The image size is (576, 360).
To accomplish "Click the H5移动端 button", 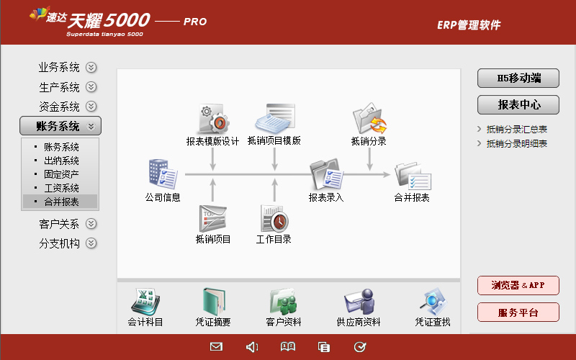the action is click(x=518, y=78).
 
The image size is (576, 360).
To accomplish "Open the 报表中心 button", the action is click(x=518, y=105).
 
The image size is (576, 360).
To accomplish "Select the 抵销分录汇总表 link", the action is click(x=516, y=130).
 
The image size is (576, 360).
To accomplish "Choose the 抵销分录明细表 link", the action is click(x=516, y=143).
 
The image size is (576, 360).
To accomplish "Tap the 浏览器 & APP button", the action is click(x=518, y=285).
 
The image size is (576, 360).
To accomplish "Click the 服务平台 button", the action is click(x=518, y=312).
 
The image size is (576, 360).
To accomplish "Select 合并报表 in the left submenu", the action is click(x=61, y=202).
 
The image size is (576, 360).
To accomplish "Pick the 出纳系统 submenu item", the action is click(x=61, y=161).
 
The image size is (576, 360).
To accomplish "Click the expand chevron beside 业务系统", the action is click(x=91, y=67).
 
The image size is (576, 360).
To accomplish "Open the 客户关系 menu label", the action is click(x=59, y=224).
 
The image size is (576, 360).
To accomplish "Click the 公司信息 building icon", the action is click(x=163, y=174).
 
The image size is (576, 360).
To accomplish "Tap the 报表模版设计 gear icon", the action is click(x=213, y=119).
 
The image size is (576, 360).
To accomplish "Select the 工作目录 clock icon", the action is click(x=274, y=219).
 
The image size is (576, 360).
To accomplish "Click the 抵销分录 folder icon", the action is click(x=369, y=118).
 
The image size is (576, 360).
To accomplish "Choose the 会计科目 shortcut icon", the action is click(x=145, y=302).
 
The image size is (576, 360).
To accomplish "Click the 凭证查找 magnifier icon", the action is click(x=433, y=302).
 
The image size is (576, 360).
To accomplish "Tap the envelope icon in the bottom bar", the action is click(x=216, y=346).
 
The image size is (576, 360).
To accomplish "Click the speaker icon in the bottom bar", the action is click(x=251, y=347).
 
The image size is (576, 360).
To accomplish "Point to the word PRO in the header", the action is click(x=195, y=22).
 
